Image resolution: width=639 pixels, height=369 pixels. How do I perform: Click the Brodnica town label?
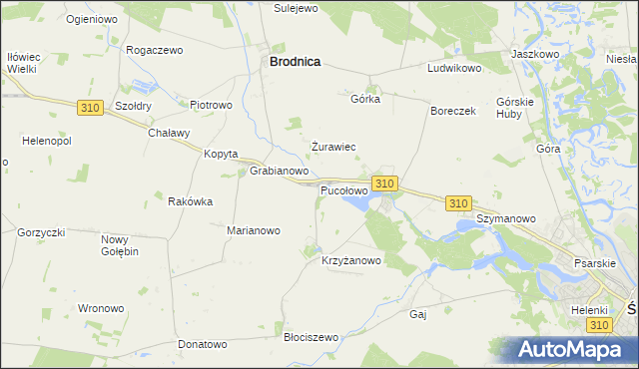(295, 61)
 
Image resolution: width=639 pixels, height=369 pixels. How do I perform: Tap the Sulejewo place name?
(295, 7)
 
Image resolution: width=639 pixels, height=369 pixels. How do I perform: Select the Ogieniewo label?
(91, 19)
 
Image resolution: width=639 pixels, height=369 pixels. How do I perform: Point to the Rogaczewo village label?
(154, 50)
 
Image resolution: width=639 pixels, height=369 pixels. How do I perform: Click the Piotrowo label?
(211, 104)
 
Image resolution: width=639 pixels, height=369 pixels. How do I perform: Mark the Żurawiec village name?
(333, 147)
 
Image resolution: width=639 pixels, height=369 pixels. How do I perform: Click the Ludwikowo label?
(454, 69)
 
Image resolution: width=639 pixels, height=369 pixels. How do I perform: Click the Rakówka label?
(190, 201)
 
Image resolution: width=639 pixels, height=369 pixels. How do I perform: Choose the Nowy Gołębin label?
(120, 245)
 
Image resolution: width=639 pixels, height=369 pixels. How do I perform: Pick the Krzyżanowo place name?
(351, 261)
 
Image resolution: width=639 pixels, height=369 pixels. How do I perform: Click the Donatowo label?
(203, 344)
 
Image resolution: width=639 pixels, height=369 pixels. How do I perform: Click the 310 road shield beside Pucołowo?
(386, 184)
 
